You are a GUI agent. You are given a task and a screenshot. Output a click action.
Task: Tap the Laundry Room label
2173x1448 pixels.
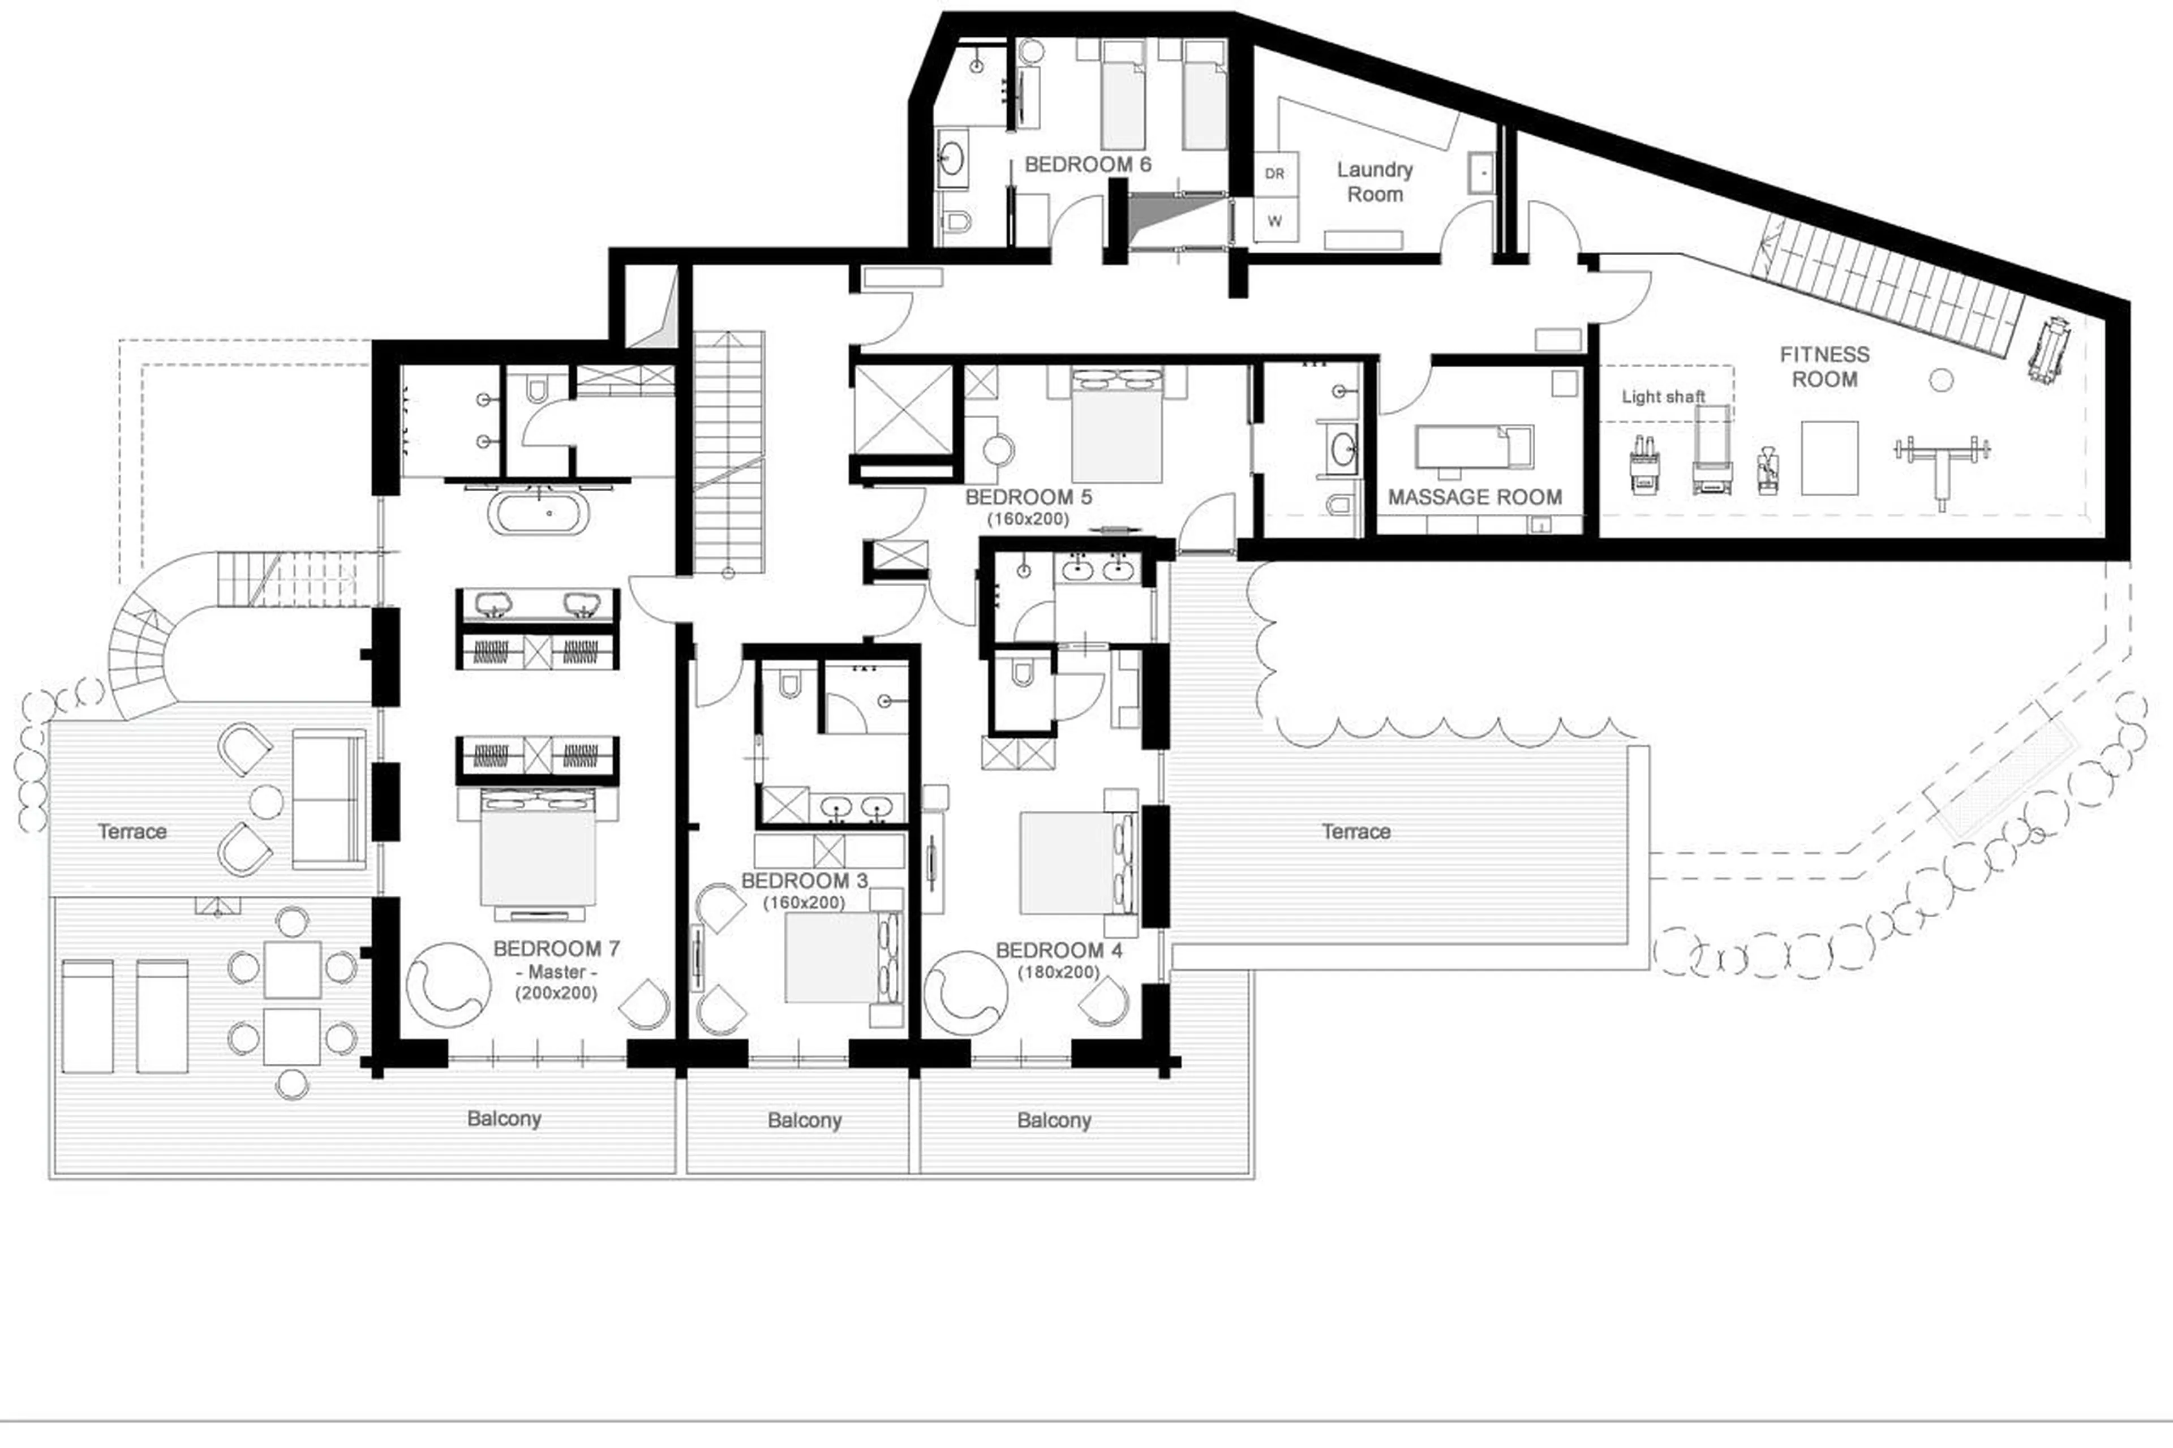coord(1374,182)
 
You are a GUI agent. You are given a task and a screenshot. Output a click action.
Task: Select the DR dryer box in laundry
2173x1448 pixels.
coord(1274,174)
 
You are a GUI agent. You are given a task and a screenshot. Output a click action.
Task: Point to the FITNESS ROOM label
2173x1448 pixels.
coord(1824,367)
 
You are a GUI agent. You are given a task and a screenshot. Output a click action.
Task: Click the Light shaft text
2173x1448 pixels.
coord(1663,397)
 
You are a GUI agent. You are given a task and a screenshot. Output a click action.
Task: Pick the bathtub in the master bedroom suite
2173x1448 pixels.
coord(536,513)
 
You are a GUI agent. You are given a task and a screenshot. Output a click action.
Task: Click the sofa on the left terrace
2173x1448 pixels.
coord(329,800)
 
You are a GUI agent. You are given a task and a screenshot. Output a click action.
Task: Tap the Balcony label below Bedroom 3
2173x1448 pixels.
coord(804,1121)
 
